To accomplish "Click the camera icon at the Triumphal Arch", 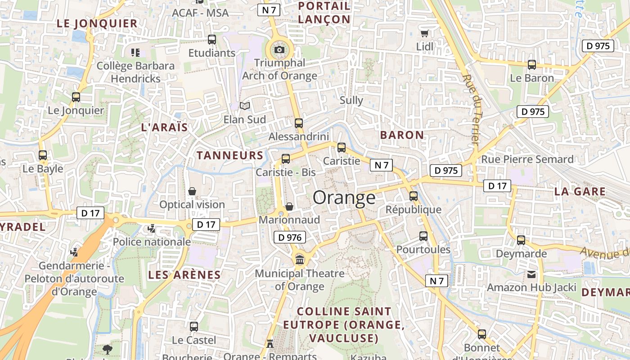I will point(279,49).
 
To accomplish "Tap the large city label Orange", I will point(344,198).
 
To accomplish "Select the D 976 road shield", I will point(289,237).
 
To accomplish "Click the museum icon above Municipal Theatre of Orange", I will point(300,260).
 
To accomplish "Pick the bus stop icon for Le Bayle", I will point(43,155).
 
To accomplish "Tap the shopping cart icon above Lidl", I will point(424,33).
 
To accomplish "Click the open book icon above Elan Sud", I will point(245,106).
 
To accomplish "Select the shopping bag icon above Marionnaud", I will point(289,206).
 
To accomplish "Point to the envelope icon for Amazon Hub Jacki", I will point(531,274).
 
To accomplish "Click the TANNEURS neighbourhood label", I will point(230,156).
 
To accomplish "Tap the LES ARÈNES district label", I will point(184,275).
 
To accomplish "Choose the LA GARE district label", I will point(580,191).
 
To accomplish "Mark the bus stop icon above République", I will point(414,196).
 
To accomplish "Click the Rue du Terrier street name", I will point(471,109).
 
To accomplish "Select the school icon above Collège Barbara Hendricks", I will point(135,53).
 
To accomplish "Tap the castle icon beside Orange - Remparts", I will point(270,344).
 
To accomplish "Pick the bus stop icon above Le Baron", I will point(532,65).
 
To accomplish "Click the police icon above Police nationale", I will point(152,229).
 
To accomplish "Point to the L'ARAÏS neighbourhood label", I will point(164,127).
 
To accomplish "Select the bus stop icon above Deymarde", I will point(521,240).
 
